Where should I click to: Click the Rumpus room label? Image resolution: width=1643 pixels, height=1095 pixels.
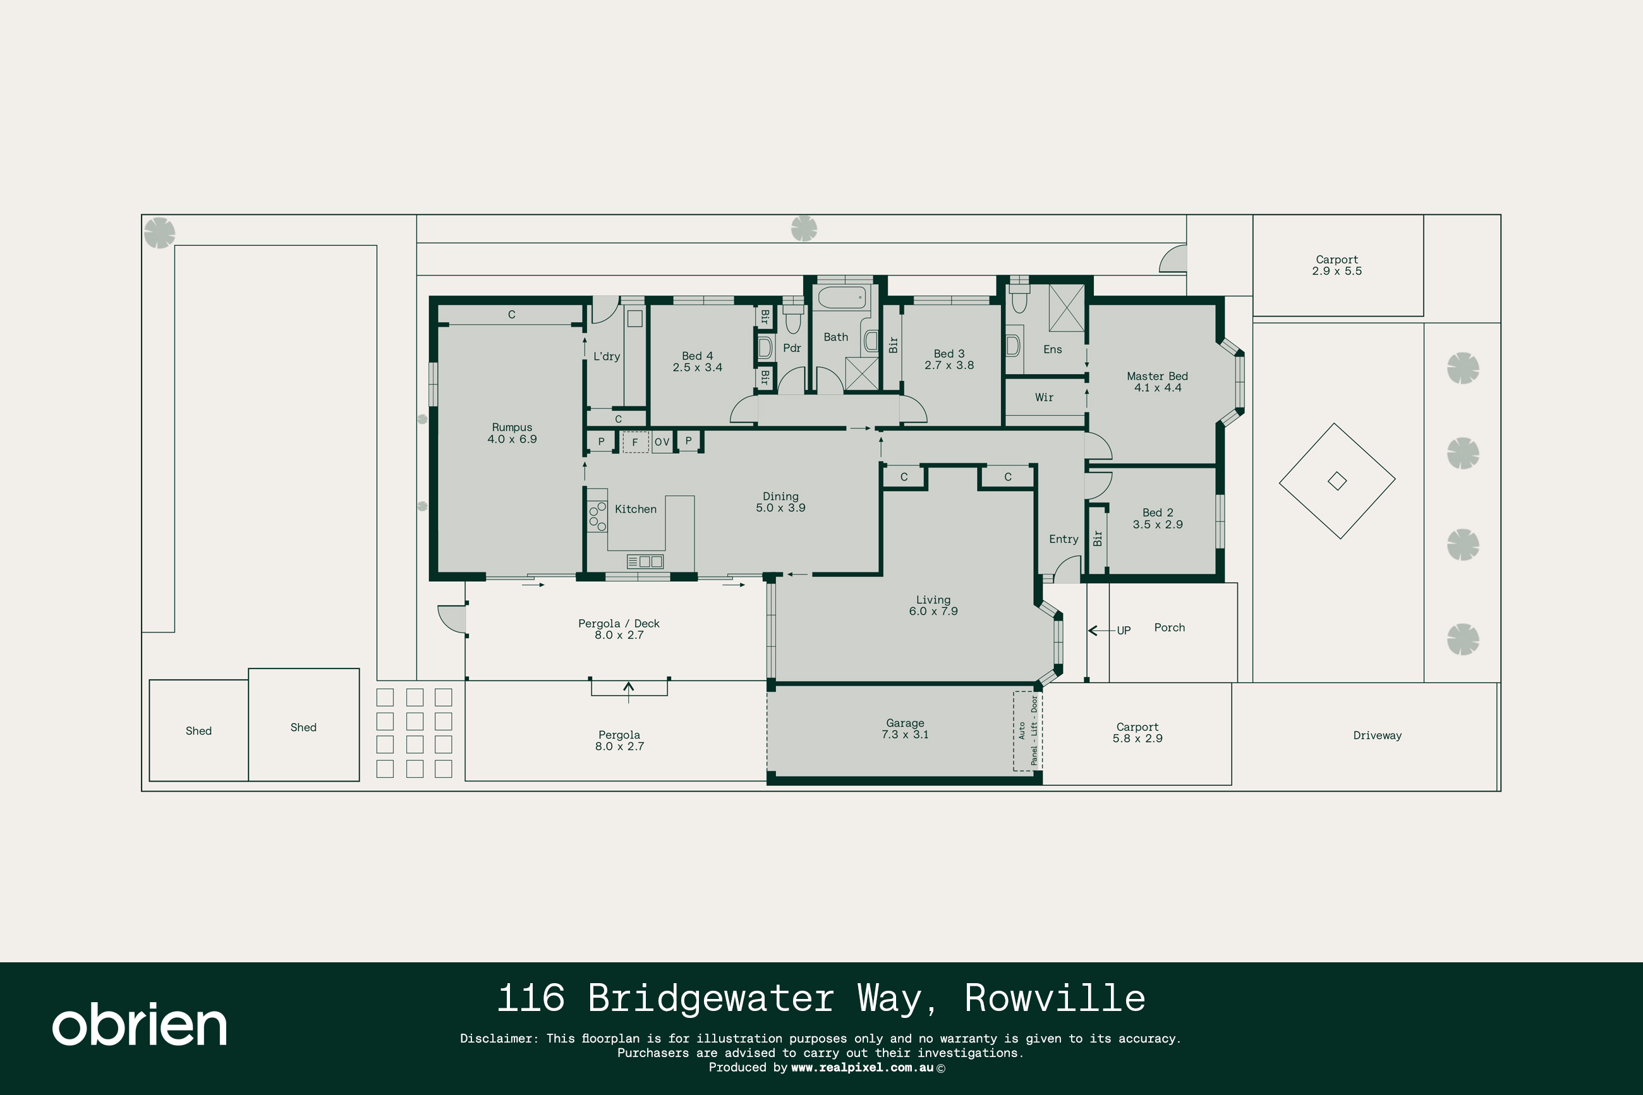[x=512, y=427]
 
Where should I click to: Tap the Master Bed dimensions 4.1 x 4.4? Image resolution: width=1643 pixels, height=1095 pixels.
[x=1158, y=387]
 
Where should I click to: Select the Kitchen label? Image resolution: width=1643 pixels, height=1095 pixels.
[x=636, y=509]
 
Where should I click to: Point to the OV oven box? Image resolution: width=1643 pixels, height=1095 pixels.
[x=662, y=442]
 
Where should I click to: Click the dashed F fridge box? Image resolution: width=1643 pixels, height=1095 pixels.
[x=634, y=442]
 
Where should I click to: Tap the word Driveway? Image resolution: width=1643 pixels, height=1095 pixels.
[x=1377, y=735]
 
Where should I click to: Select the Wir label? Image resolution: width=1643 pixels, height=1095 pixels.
[x=1044, y=397]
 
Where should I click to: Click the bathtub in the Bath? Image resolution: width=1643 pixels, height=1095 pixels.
[x=841, y=298]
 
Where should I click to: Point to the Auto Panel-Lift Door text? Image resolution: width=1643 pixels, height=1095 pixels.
[x=1028, y=730]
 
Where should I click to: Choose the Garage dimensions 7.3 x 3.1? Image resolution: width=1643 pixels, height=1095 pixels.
[x=905, y=735]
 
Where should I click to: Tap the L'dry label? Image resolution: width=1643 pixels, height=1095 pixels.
[x=606, y=356]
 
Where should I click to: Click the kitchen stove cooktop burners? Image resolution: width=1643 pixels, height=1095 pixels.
[x=597, y=516]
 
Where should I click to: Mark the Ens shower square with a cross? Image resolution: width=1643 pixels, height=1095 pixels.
[x=1066, y=308]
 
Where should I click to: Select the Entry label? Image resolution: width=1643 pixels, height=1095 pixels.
[x=1064, y=539]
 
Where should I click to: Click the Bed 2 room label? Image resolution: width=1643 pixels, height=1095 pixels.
[x=1158, y=512]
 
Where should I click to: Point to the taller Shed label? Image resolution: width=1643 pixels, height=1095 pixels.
[x=303, y=728]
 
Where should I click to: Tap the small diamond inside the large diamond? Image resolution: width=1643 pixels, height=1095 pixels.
[x=1337, y=481]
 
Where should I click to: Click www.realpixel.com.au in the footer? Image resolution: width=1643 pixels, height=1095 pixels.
[x=862, y=1067]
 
